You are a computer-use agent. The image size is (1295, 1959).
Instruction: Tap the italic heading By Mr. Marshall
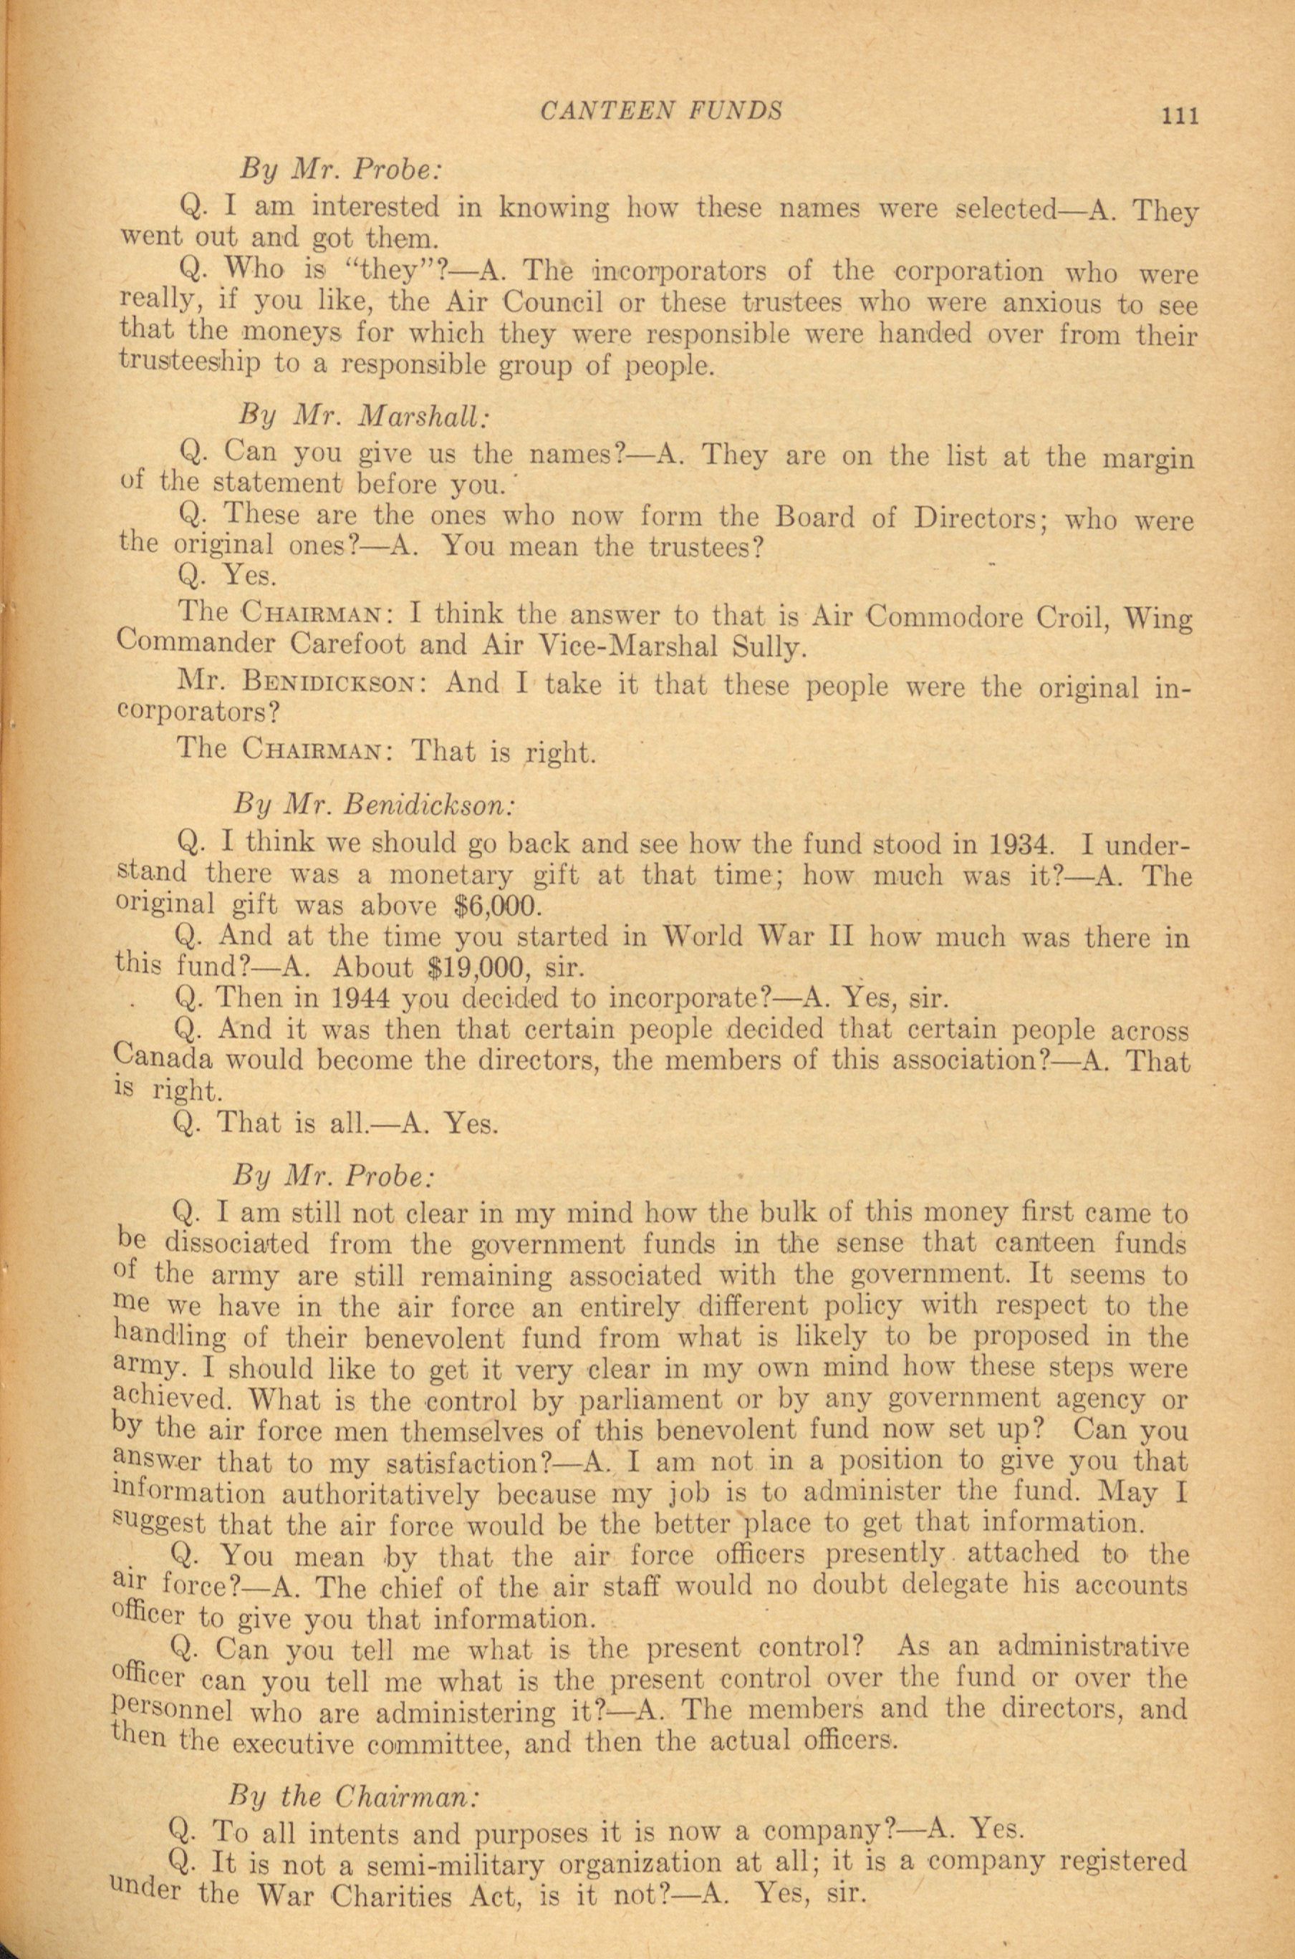[x=363, y=417]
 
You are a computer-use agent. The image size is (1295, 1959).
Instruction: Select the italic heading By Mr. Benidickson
[x=375, y=802]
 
